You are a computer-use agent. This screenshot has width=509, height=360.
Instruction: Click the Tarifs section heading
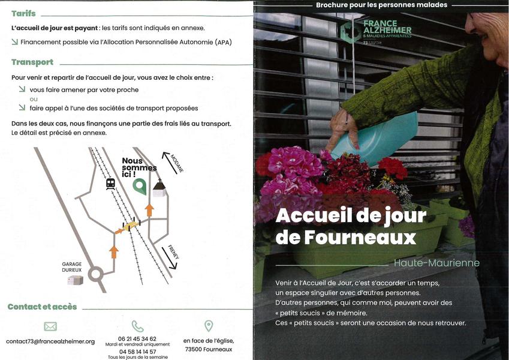(23, 13)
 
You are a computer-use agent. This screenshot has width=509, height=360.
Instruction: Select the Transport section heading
(32, 62)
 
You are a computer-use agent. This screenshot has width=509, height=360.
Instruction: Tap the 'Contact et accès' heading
(42, 307)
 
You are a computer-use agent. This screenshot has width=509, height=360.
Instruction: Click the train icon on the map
(110, 184)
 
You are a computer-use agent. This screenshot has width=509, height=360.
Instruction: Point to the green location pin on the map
(140, 187)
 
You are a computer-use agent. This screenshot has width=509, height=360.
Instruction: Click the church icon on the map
(159, 188)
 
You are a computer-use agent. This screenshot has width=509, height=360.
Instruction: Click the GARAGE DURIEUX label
(71, 266)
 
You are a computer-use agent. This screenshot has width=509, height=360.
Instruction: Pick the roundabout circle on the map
(95, 275)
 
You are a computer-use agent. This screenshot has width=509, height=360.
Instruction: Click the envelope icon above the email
(50, 326)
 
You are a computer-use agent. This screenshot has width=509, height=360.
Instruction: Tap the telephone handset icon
(137, 326)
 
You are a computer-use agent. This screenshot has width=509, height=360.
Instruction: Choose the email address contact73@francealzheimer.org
(50, 341)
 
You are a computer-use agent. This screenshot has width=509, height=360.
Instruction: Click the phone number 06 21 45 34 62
(137, 339)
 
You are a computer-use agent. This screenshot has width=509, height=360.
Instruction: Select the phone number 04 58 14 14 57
(137, 352)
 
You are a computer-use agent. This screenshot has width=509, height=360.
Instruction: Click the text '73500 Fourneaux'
(209, 349)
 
